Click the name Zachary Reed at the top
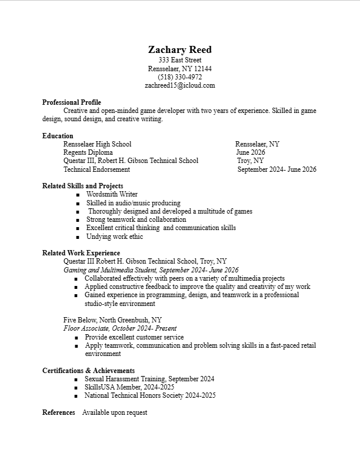point(180,49)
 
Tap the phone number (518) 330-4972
point(180,77)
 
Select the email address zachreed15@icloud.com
point(180,85)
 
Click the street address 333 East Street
point(180,60)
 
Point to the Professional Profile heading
point(72,102)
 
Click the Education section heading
point(58,136)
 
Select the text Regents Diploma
point(88,152)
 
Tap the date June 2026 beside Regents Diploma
point(251,152)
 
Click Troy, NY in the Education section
point(251,161)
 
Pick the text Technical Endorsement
point(96,169)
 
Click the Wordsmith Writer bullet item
point(112,194)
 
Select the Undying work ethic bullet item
point(115,237)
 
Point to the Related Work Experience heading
point(81,253)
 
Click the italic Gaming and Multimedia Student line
point(151,269)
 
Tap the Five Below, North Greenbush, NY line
point(113,320)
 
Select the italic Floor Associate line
point(120,328)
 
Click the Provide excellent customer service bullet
point(134,337)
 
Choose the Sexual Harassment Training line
point(149,379)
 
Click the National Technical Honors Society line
point(150,395)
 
